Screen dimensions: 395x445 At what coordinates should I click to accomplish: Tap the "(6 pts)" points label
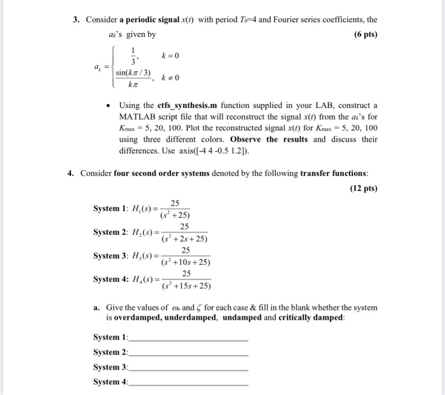coord(362,34)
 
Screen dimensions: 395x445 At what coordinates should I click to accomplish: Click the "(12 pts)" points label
coord(364,189)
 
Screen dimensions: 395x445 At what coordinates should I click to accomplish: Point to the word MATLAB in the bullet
coord(137,116)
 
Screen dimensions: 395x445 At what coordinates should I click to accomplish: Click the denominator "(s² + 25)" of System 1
coord(175,215)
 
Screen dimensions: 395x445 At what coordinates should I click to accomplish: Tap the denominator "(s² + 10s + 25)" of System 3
coord(186,262)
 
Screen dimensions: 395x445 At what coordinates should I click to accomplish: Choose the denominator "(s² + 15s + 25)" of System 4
coord(186,285)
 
